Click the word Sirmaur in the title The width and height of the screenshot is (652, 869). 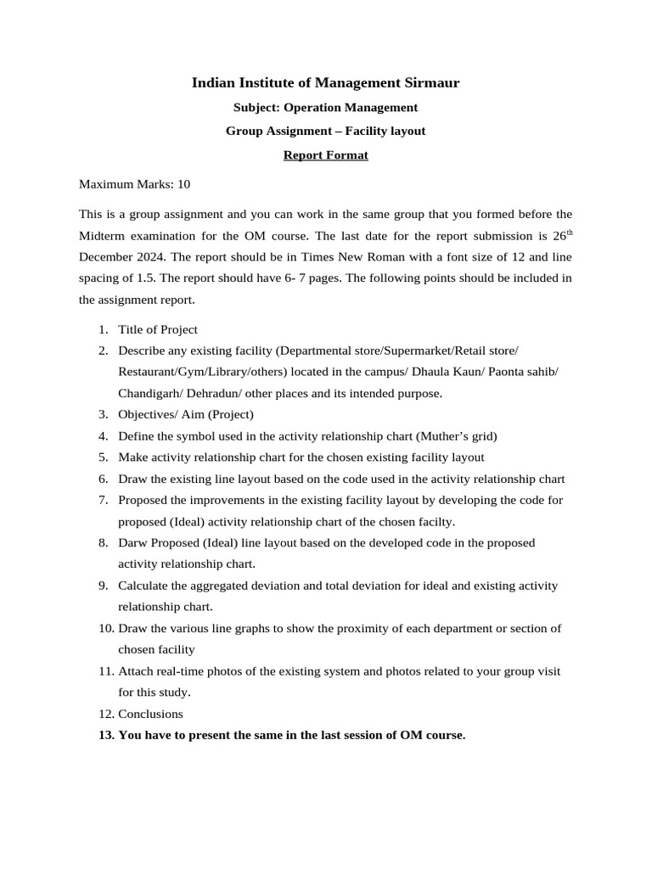(429, 82)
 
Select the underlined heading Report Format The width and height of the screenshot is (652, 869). (325, 155)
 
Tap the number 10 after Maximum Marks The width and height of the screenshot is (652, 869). (184, 183)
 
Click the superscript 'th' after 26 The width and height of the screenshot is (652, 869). (570, 231)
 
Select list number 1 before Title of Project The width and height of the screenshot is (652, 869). (102, 329)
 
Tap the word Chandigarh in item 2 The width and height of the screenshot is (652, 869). (152, 393)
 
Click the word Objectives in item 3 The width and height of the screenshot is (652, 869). (146, 414)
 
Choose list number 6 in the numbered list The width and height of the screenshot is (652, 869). (102, 479)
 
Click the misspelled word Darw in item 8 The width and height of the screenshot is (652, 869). (132, 542)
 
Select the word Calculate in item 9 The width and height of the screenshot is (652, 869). (145, 586)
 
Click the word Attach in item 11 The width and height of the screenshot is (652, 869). (136, 670)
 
